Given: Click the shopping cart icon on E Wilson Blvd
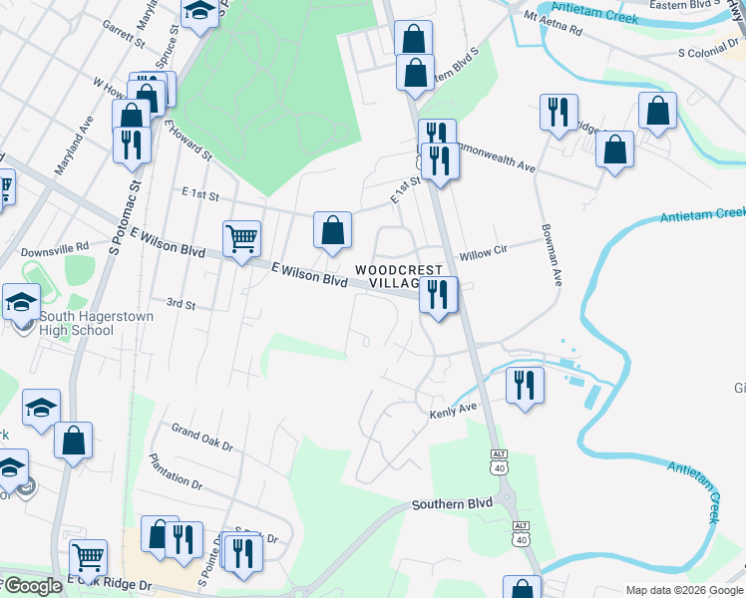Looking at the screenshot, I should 241,239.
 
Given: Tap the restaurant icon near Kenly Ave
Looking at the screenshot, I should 525,385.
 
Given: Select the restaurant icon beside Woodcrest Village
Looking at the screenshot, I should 438,295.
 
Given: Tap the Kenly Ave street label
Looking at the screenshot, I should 454,411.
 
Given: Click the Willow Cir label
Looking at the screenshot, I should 484,254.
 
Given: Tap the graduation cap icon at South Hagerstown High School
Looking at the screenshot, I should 21,301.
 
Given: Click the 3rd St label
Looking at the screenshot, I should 180,302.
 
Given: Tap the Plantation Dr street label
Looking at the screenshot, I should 175,472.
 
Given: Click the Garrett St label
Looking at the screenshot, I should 124,36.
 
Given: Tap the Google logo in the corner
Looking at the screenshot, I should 32,586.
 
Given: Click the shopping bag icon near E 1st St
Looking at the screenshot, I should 333,230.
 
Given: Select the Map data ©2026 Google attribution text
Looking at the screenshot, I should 684,589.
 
